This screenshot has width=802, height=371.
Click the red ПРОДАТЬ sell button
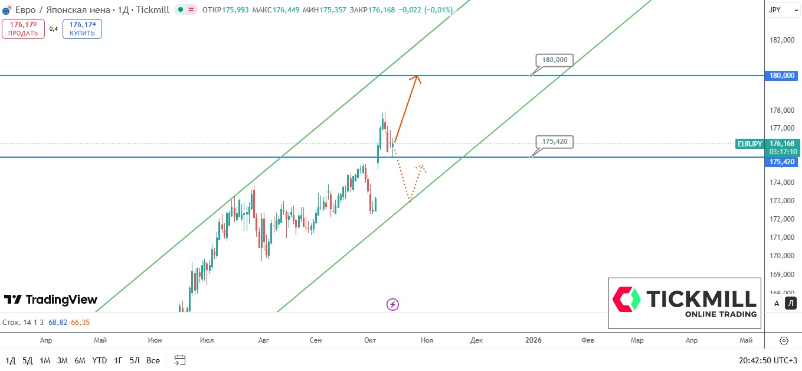[x=23, y=28]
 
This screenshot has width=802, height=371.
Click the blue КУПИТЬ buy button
[x=82, y=28]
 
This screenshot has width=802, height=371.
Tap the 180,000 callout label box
[x=555, y=60]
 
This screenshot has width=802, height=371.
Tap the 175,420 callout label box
[x=555, y=142]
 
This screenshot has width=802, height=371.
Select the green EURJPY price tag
[x=750, y=144]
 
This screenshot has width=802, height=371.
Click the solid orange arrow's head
[x=417, y=77]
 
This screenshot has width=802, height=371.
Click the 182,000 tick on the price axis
[x=782, y=40]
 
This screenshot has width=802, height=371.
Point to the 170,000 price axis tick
[x=782, y=256]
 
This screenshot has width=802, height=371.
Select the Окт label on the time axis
[x=370, y=340]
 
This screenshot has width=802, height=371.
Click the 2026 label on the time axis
[x=533, y=340]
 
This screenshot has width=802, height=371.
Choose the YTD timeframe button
[x=99, y=360]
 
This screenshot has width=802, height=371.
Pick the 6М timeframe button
[x=80, y=360]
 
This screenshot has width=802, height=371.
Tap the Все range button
[x=153, y=360]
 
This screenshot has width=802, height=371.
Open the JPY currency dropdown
[x=783, y=10]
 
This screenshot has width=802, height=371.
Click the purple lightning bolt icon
[x=392, y=304]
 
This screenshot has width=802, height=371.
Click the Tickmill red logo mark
[x=627, y=300]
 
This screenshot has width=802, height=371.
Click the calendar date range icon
[x=180, y=360]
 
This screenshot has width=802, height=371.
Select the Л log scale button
[x=791, y=304]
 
